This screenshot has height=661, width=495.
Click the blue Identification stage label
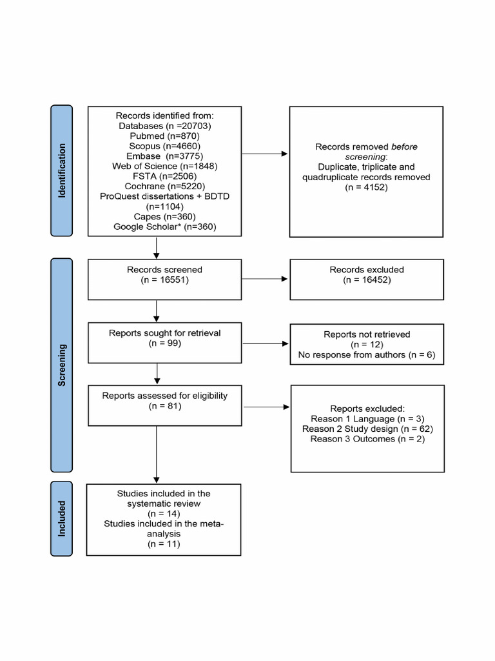pyautogui.click(x=63, y=170)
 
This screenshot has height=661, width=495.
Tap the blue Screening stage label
pyautogui.click(x=63, y=365)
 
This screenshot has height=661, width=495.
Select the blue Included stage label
pyautogui.click(x=63, y=519)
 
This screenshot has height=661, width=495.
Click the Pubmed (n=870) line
pyautogui.click(x=165, y=136)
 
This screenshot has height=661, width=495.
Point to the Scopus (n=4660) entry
pyautogui.click(x=165, y=146)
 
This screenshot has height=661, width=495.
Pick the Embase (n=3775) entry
pyautogui.click(x=165, y=156)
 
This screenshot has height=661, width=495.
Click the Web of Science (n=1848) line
pyautogui.click(x=165, y=166)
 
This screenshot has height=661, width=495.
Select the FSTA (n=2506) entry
pyautogui.click(x=165, y=176)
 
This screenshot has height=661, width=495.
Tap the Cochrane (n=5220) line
pyautogui.click(x=165, y=186)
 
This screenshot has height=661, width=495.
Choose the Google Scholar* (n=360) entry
pyautogui.click(x=165, y=227)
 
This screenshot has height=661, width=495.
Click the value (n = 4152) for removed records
pyautogui.click(x=366, y=187)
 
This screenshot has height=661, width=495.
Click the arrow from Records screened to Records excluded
pyautogui.click(x=266, y=280)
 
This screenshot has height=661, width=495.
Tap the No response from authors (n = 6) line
pyautogui.click(x=366, y=355)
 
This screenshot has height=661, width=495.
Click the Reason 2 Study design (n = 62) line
pyautogui.click(x=366, y=429)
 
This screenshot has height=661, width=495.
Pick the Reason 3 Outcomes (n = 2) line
pyautogui.click(x=366, y=439)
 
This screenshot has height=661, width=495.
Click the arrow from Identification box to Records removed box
pyautogui.click(x=266, y=154)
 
